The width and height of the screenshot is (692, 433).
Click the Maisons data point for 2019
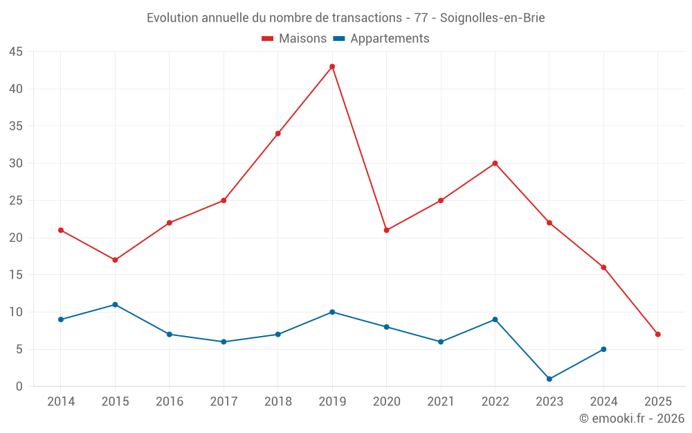point(332,67)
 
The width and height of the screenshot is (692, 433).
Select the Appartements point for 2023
point(549,379)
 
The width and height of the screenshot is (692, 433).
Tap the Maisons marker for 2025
point(657,334)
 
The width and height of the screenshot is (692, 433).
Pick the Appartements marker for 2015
point(115,305)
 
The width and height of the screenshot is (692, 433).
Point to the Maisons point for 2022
point(495,164)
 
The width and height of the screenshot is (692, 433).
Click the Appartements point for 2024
point(603,349)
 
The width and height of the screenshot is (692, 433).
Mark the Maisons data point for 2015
point(115,260)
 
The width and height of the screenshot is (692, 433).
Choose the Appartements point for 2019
point(332,312)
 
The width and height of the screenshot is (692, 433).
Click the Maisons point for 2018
point(277,134)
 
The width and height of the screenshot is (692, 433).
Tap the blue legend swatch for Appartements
point(339,39)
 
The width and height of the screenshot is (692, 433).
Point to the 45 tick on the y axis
point(16,52)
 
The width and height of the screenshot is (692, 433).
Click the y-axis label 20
point(16,238)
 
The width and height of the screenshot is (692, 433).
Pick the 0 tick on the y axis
point(19,387)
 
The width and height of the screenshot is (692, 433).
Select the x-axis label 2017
point(224,402)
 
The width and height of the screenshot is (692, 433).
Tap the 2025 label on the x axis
point(657,402)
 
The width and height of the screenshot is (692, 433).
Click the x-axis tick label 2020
point(386,402)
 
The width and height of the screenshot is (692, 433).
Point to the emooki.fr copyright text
point(632,418)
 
